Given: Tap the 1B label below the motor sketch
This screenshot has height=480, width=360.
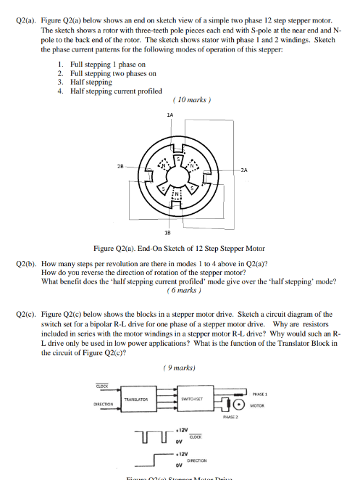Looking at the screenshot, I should click(169, 234).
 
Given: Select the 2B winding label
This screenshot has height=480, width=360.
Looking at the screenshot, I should click(109, 165).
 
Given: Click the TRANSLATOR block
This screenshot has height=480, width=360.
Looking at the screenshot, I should click(136, 400).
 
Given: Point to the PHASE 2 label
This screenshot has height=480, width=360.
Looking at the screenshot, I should click(232, 418).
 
